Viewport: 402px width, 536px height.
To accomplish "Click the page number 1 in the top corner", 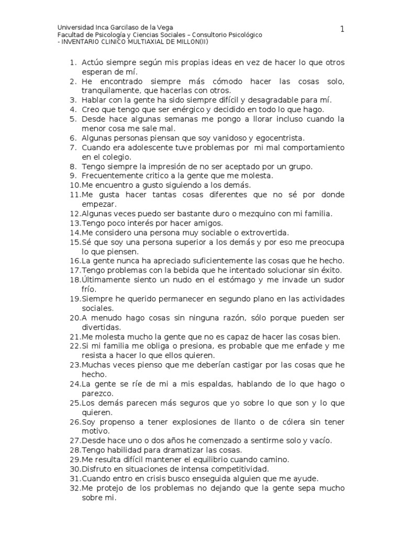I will pyautogui.click(x=342, y=29).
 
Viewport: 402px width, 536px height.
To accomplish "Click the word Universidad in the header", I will pyautogui.click(x=75, y=27).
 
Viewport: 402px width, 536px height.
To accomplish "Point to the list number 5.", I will pyautogui.click(x=73, y=119).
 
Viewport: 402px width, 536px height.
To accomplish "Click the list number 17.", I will pyautogui.click(x=74, y=270).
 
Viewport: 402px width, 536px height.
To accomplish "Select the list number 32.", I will pyautogui.click(x=74, y=488).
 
